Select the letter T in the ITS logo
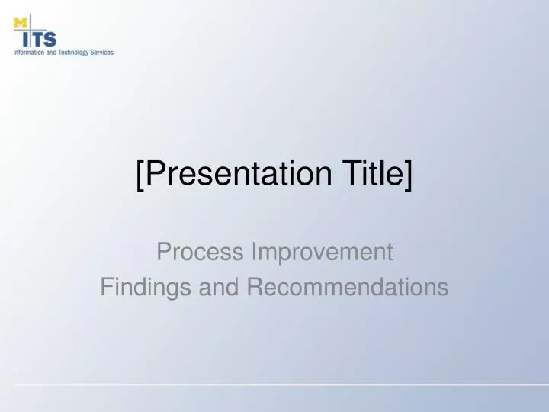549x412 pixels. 37,38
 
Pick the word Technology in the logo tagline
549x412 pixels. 73,53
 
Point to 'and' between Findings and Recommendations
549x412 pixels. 217,287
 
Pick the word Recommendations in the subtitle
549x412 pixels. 347,287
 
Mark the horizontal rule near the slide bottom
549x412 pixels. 274,383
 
